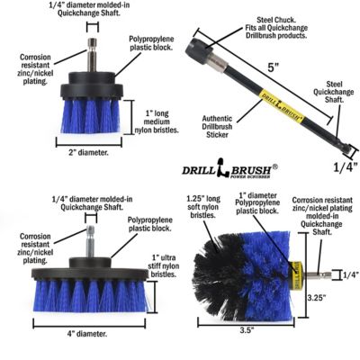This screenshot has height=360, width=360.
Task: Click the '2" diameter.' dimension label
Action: coord(88,151)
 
